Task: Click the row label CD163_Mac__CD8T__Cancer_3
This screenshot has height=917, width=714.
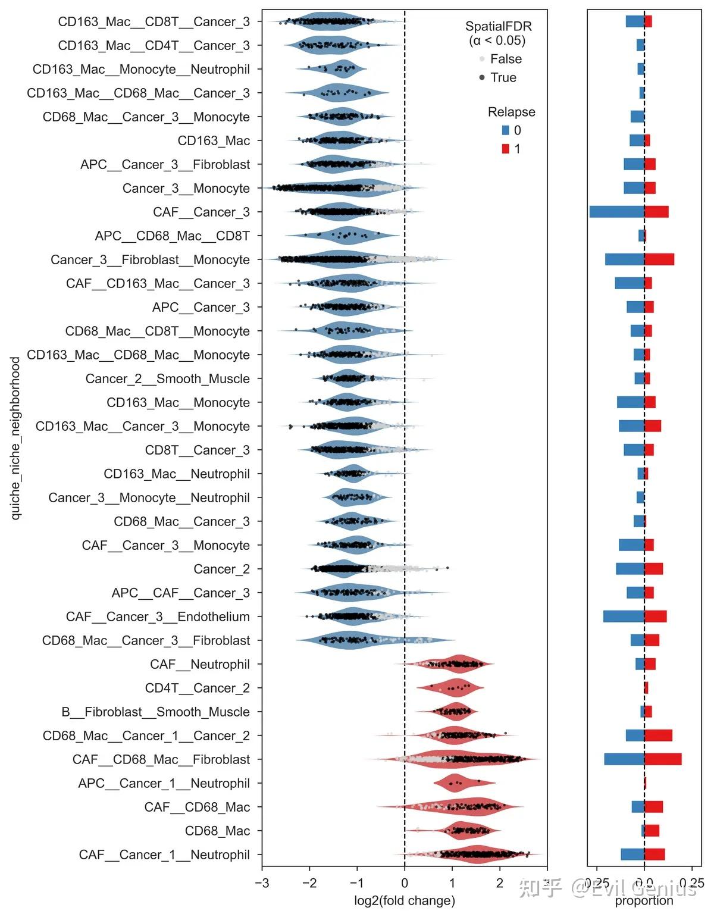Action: click(x=154, y=22)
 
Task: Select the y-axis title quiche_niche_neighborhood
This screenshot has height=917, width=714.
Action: click(x=15, y=438)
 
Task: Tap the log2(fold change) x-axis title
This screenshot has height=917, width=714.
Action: click(x=404, y=900)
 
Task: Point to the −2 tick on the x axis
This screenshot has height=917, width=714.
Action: click(x=309, y=883)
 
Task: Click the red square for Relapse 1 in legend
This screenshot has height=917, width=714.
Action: click(x=505, y=149)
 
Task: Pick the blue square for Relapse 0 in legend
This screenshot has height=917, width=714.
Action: click(x=505, y=130)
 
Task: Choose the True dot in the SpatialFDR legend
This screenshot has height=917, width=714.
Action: click(x=482, y=78)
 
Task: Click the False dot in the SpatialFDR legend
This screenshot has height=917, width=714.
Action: click(x=482, y=60)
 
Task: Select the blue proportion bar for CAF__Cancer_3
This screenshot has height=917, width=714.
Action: click(x=616, y=212)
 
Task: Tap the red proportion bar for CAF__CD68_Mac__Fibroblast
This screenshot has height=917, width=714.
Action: click(x=663, y=759)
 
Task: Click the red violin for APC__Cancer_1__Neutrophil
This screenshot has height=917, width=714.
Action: click(x=456, y=783)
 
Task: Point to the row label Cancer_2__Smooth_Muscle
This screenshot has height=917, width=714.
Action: click(x=167, y=379)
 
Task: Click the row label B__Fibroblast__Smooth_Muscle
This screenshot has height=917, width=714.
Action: click(x=155, y=712)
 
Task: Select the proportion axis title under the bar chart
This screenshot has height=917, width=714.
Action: click(x=644, y=900)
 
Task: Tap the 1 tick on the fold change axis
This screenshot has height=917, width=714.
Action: click(x=452, y=883)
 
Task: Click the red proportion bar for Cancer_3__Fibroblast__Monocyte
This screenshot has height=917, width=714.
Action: click(x=659, y=259)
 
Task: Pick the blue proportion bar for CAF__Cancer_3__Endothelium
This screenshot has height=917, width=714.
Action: click(x=624, y=616)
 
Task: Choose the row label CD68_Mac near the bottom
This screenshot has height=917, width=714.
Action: click(x=217, y=831)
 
